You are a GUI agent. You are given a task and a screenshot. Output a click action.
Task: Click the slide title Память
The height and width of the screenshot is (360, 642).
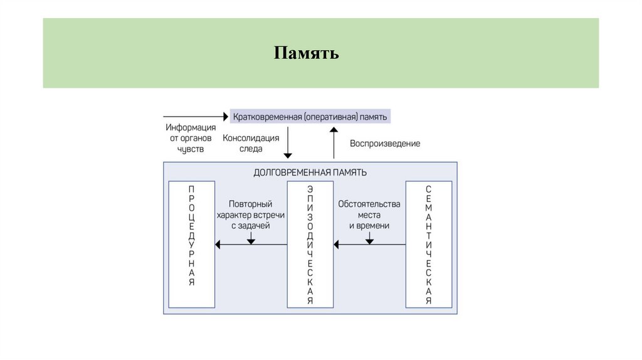tap(306, 53)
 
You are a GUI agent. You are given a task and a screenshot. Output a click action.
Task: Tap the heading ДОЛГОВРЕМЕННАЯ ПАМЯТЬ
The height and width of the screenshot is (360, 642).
tap(310, 172)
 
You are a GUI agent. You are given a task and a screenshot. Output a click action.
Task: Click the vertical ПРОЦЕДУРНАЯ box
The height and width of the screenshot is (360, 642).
tap(192, 245)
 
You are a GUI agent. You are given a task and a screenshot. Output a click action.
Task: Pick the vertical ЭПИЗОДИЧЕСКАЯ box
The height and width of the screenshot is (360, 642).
tap(310, 245)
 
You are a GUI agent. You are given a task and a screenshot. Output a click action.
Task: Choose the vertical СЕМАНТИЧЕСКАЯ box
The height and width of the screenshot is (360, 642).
tap(429, 245)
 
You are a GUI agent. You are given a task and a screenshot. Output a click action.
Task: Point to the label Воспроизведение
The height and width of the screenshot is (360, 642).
tap(385, 144)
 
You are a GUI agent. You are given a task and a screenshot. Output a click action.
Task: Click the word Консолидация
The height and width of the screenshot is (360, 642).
tap(251, 138)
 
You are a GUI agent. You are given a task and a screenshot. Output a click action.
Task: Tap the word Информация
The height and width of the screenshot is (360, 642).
tap(191, 127)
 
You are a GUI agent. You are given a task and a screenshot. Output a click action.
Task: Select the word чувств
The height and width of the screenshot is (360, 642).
tap(191, 149)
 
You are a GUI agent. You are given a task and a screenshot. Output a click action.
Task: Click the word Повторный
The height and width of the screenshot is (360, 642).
tap(251, 204)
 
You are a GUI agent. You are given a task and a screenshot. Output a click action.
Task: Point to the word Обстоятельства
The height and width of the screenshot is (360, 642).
tap(369, 204)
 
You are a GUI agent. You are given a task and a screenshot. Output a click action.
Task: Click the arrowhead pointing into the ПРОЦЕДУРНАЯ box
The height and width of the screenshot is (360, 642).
tap(218, 244)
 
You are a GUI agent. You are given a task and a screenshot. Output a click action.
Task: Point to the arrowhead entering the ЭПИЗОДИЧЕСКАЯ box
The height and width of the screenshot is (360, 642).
tap(336, 244)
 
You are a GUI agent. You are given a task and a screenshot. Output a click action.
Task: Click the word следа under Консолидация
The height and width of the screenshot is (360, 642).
tap(251, 149)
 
